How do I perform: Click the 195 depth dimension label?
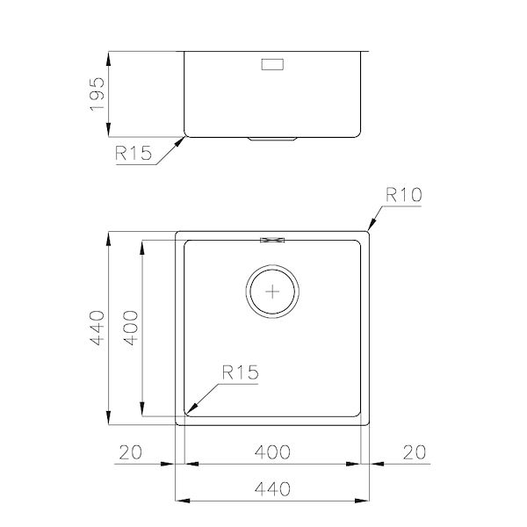(97, 94)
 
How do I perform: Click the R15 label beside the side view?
(134, 153)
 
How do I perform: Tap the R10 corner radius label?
(403, 195)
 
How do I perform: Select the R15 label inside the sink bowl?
(241, 372)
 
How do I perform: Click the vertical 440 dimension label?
(97, 328)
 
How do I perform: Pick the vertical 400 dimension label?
(131, 328)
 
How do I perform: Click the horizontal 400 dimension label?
(272, 452)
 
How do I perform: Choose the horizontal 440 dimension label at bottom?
(272, 489)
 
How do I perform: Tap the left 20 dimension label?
(131, 452)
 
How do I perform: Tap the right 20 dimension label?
(415, 452)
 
